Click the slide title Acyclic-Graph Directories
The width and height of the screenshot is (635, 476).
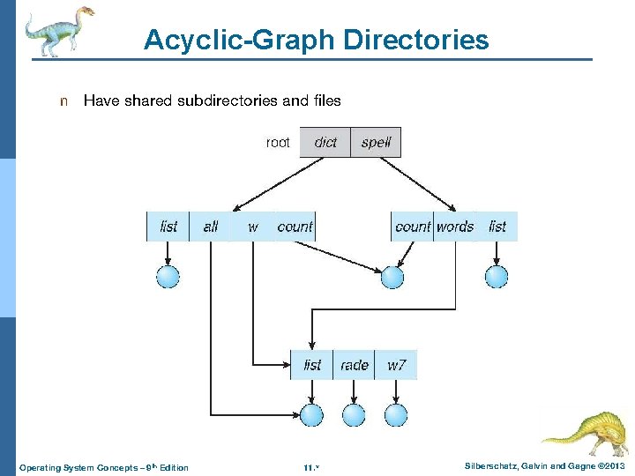click(x=316, y=40)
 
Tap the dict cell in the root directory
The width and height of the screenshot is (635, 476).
click(x=325, y=143)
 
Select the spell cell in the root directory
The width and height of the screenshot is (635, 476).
click(x=377, y=143)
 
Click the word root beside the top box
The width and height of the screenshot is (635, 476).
click(x=278, y=143)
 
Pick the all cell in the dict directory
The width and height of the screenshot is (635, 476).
click(x=211, y=227)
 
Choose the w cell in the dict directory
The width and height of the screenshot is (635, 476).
click(x=253, y=227)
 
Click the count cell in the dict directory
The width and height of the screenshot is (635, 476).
click(x=295, y=227)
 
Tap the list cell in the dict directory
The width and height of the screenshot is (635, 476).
click(x=168, y=227)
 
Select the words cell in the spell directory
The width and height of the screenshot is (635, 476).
click(x=455, y=227)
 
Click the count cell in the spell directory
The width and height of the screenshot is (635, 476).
click(x=413, y=227)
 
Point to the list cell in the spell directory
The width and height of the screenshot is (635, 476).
click(x=497, y=227)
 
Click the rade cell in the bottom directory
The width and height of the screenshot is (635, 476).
click(x=354, y=365)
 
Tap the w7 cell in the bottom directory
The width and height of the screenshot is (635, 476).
click(x=397, y=365)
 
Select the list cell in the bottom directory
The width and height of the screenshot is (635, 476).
click(x=312, y=365)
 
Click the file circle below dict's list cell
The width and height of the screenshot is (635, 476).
click(x=168, y=277)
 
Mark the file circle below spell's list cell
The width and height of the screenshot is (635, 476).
click(x=497, y=277)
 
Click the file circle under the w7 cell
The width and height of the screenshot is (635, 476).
click(x=396, y=414)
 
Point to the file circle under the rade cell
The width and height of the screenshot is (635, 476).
click(x=354, y=414)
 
